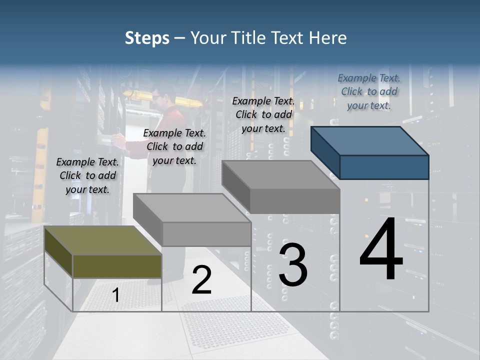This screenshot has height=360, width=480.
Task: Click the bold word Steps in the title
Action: tap(147, 38)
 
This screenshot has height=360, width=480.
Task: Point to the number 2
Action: tap(201, 280)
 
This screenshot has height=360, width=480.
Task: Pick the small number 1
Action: tap(116, 295)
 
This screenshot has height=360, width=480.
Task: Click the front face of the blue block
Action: tap(384, 167)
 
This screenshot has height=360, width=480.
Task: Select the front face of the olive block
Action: tap(117, 266)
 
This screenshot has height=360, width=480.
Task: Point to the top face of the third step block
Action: tap(280, 175)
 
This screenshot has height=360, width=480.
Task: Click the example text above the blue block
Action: tap(369, 92)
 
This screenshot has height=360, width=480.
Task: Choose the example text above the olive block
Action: tap(87, 176)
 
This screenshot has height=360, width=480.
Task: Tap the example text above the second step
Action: tap(174, 146)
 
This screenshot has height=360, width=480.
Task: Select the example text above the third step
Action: tap(263, 114)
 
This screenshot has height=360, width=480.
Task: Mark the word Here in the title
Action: tap(327, 38)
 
